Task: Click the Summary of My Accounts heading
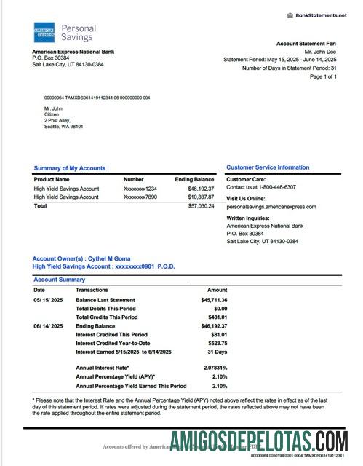click(x=69, y=168)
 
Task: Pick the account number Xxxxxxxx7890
click(x=140, y=197)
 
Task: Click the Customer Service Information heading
click(x=268, y=167)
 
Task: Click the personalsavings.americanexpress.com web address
click(x=271, y=207)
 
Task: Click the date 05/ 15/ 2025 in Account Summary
click(x=47, y=300)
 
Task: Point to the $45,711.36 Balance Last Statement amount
click(x=214, y=300)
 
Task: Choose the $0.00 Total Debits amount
click(x=218, y=309)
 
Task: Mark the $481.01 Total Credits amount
click(x=216, y=317)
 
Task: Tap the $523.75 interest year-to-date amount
click(x=216, y=343)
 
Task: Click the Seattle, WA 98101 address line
click(x=64, y=127)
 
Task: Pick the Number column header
click(x=133, y=179)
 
